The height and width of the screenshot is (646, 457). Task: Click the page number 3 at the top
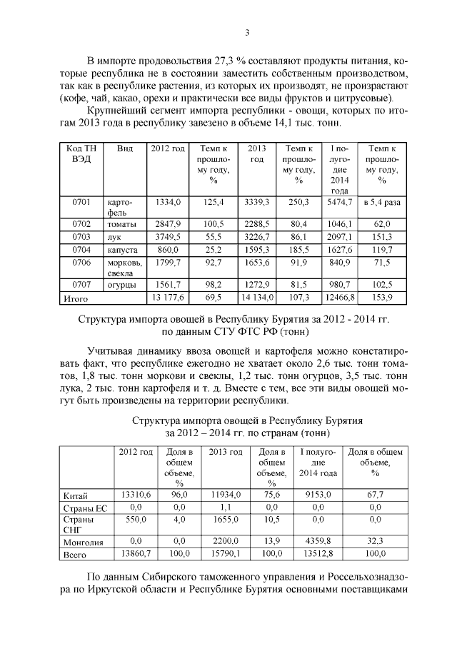(247, 32)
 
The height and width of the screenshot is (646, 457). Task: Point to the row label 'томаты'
(121, 225)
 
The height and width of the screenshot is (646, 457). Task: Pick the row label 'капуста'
(123, 250)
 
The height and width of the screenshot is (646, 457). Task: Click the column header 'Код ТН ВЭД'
(80, 153)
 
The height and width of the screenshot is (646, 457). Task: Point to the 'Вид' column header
(125, 148)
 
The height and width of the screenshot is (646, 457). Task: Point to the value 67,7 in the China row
(375, 493)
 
